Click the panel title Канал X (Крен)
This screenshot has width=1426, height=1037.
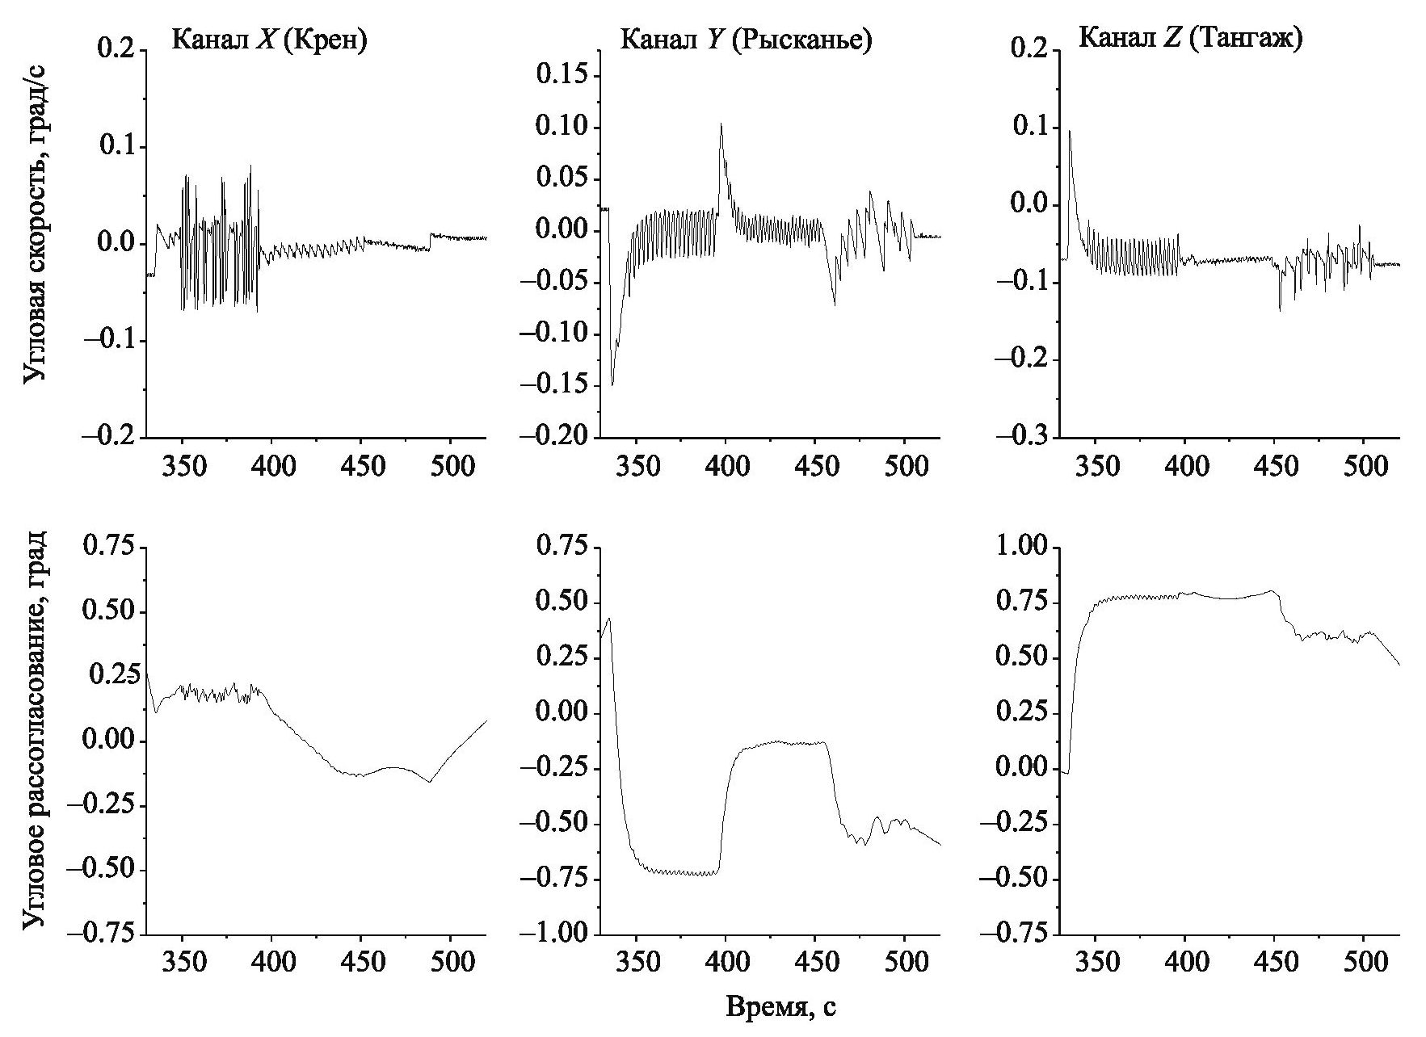click(x=269, y=40)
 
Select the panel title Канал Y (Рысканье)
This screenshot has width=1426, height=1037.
click(x=746, y=40)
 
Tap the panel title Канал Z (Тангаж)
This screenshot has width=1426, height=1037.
click(x=1190, y=39)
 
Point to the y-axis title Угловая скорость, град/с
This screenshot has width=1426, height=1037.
click(x=34, y=237)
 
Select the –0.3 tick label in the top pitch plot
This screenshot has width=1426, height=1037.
click(x=1020, y=437)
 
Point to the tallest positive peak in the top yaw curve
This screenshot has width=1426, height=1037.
click(x=721, y=124)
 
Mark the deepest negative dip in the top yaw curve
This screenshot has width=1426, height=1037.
click(x=612, y=385)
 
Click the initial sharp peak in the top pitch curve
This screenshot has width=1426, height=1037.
click(x=1070, y=131)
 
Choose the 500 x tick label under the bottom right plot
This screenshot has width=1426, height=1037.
click(x=1363, y=964)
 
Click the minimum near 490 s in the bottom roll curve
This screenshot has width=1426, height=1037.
click(x=429, y=782)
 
